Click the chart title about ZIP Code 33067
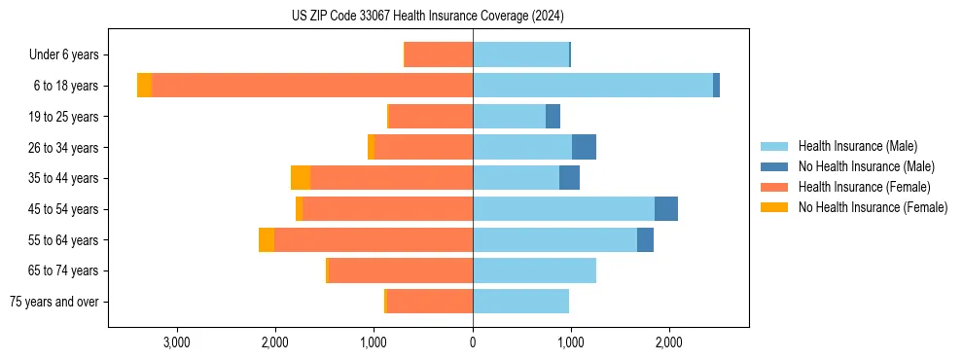coord(427,17)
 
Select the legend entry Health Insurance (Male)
coord(857,146)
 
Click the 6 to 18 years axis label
coord(65,86)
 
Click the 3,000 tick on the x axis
coord(176,342)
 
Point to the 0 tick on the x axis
coord(473,342)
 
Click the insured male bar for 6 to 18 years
coord(592,86)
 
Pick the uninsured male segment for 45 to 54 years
coord(666,209)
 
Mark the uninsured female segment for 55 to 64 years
coord(267,239)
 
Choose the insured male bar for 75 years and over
coord(520,302)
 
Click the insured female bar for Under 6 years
coord(439,55)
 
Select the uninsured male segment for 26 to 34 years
coord(584,147)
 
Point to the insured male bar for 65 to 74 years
coord(534,270)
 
